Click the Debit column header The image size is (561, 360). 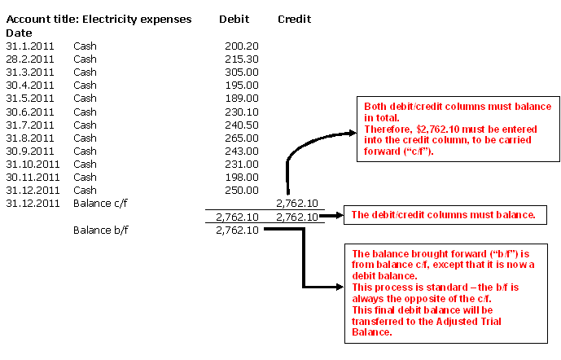tap(234, 19)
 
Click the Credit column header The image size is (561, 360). tap(294, 19)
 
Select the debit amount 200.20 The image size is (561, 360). tap(242, 46)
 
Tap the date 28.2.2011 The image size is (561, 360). tap(30, 59)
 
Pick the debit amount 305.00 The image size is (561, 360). tap(242, 72)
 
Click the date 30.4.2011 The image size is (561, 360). tap(30, 85)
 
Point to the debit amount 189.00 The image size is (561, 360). tap(242, 98)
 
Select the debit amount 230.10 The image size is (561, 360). tap(242, 112)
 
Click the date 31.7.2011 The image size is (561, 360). tap(30, 125)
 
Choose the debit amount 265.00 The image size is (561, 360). tap(242, 138)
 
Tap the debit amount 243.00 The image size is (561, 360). tap(242, 151)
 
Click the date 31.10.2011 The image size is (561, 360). tap(33, 164)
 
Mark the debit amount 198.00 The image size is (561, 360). tap(242, 177)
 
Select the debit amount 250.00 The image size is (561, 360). tap(242, 190)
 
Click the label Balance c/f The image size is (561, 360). tap(102, 203)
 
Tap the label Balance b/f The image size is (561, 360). tap(102, 230)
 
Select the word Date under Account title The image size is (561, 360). tap(19, 33)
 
